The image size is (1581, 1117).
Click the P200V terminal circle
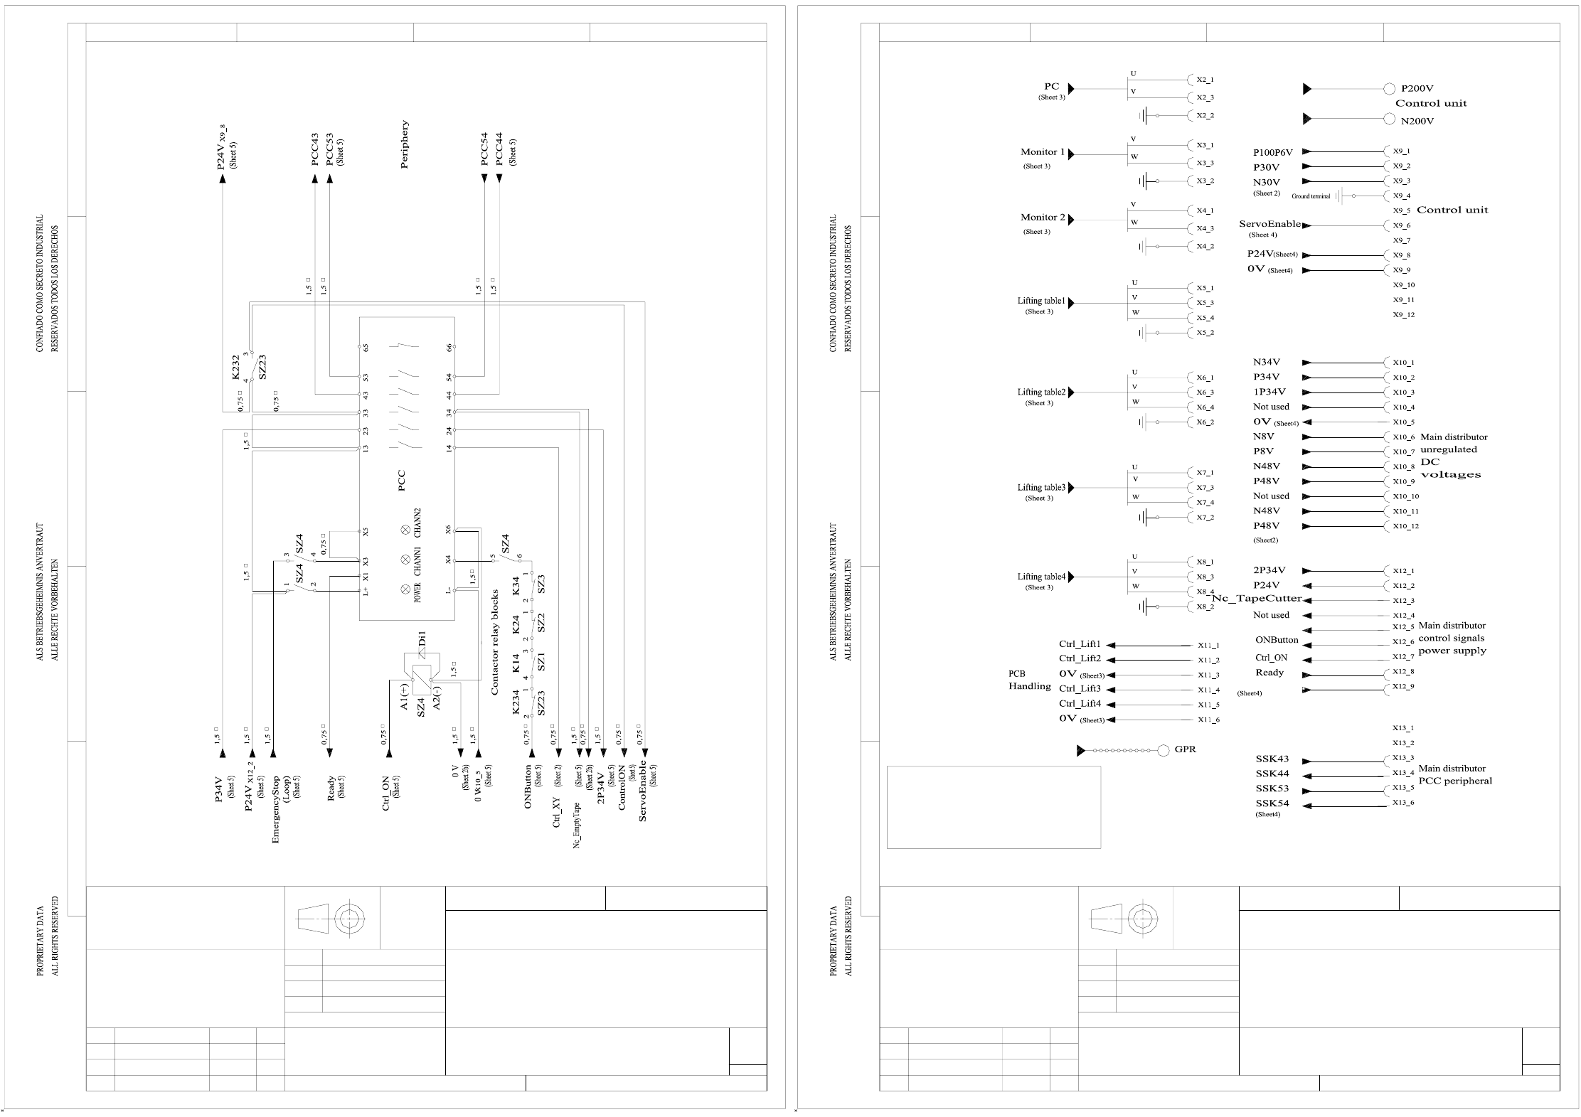[1389, 89]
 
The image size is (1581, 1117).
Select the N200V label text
[1417, 121]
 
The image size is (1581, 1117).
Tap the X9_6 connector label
[1401, 225]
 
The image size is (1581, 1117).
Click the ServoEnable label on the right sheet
[1269, 224]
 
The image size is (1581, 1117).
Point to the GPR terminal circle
[1164, 750]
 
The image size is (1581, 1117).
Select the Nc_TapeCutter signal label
[1257, 599]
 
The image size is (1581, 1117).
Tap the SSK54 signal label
[1272, 804]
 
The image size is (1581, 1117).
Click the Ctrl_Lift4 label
[1080, 704]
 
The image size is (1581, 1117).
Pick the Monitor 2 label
[1043, 218]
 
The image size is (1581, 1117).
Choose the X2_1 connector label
[1205, 80]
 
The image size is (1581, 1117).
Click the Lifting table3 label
[1041, 488]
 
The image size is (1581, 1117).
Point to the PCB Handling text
[1029, 680]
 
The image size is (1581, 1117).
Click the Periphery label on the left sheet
[405, 144]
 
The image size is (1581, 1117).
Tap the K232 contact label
[237, 367]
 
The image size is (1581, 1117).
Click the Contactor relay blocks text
[494, 642]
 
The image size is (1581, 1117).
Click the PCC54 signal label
[484, 149]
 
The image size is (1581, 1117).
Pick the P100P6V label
[1272, 152]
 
